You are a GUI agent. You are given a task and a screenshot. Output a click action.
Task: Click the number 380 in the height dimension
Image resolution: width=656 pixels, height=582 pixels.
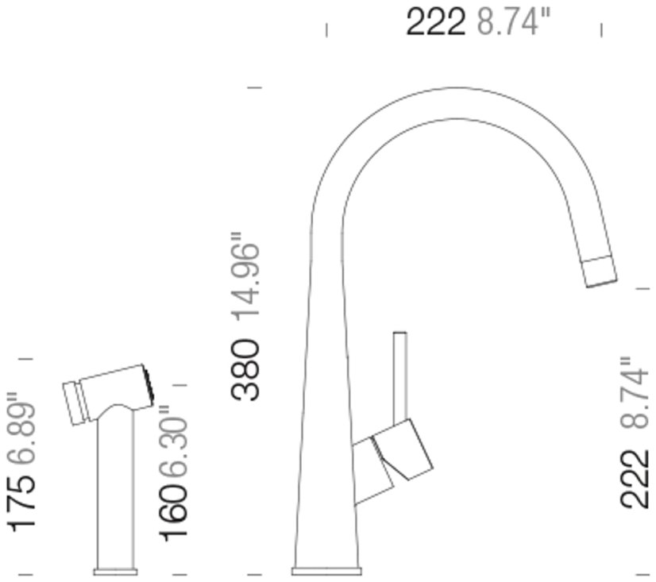pyautogui.click(x=245, y=370)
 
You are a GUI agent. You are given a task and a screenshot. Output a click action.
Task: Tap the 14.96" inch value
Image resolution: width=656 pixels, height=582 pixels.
pyautogui.click(x=247, y=276)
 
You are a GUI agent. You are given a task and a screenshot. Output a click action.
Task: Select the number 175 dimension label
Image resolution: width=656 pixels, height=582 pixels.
pyautogui.click(x=21, y=503)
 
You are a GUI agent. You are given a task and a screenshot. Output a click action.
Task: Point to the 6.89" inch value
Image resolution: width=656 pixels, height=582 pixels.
pyautogui.click(x=21, y=429)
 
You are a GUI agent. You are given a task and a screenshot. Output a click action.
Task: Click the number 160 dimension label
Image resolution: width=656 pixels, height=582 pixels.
pyautogui.click(x=172, y=513)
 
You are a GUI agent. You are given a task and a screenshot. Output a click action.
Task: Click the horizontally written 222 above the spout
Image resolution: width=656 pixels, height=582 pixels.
pyautogui.click(x=435, y=21)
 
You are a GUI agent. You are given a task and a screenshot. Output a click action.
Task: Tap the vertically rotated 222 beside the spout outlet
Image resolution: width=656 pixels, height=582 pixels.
pyautogui.click(x=635, y=479)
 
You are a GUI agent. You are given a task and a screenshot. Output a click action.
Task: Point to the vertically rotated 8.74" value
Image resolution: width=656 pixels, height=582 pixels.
pyautogui.click(x=635, y=393)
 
